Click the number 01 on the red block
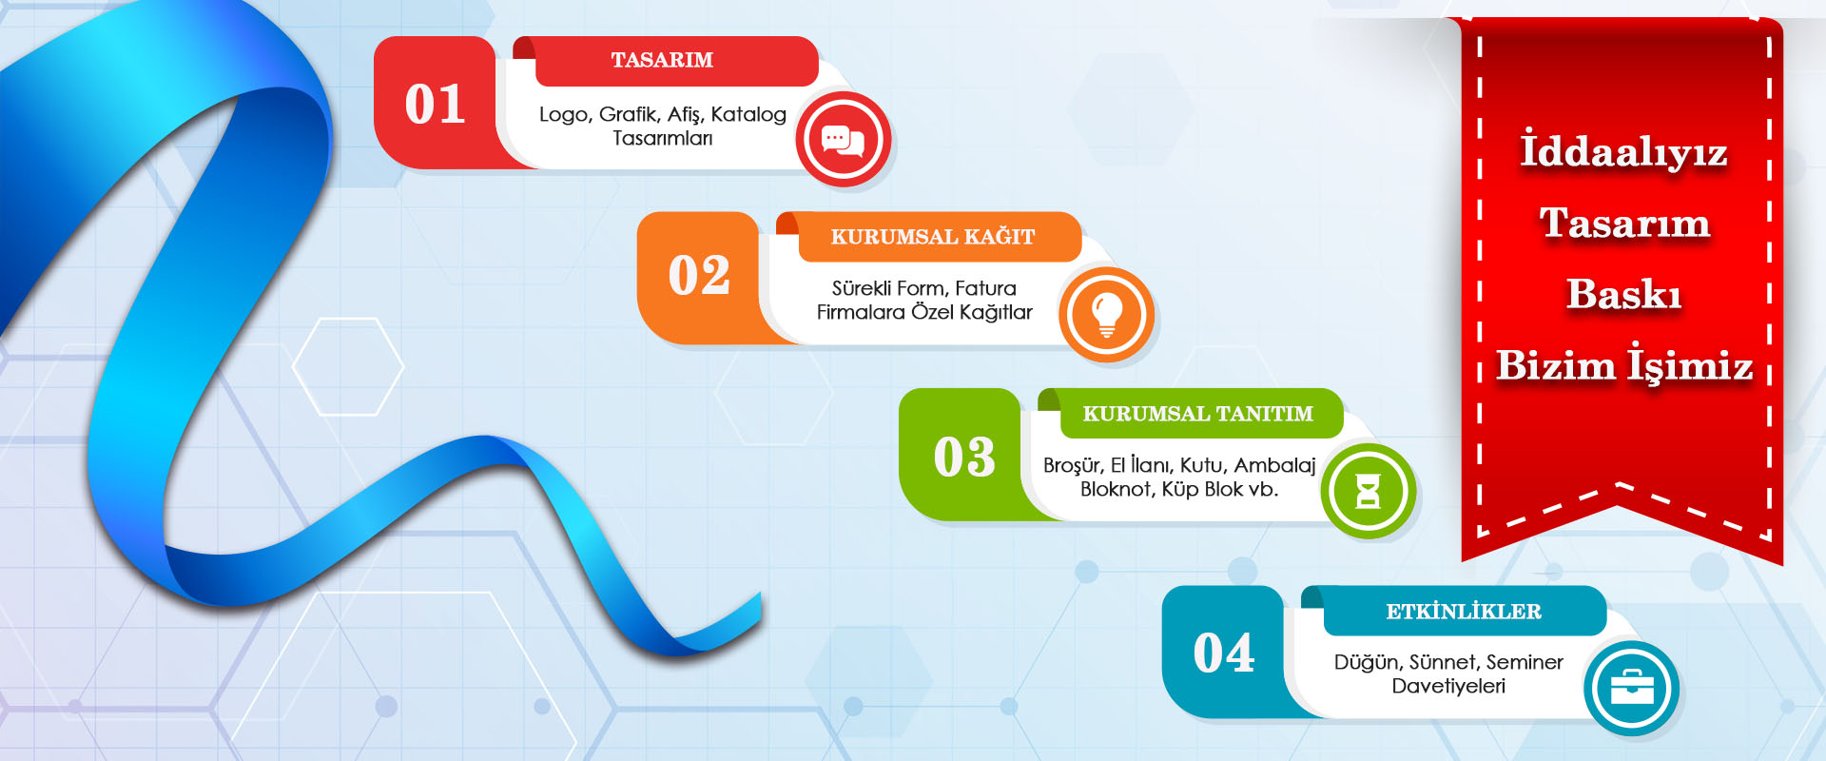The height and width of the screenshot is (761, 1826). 436,105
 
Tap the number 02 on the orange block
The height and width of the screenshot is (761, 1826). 699,276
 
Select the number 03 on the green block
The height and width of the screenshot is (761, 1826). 964,457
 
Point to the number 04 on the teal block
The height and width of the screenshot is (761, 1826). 1224,654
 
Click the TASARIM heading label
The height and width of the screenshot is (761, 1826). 662,60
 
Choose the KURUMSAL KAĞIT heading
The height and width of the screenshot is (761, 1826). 933,236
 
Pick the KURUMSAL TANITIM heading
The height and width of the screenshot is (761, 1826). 1197,414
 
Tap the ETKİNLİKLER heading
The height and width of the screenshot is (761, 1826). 1464,611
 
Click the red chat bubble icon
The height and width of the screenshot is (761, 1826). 843,139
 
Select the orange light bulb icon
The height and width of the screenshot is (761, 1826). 1106,315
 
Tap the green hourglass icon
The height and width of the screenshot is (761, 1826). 1368,491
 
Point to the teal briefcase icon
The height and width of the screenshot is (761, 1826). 1632,688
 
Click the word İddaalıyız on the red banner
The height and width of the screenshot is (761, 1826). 1623,150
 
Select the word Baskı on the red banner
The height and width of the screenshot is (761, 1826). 1624,294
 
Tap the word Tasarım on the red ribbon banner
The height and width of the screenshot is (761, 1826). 1624,224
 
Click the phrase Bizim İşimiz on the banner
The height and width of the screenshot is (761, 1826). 1624,364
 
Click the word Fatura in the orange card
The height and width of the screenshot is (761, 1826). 985,288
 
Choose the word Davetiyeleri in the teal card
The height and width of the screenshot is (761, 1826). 1448,686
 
